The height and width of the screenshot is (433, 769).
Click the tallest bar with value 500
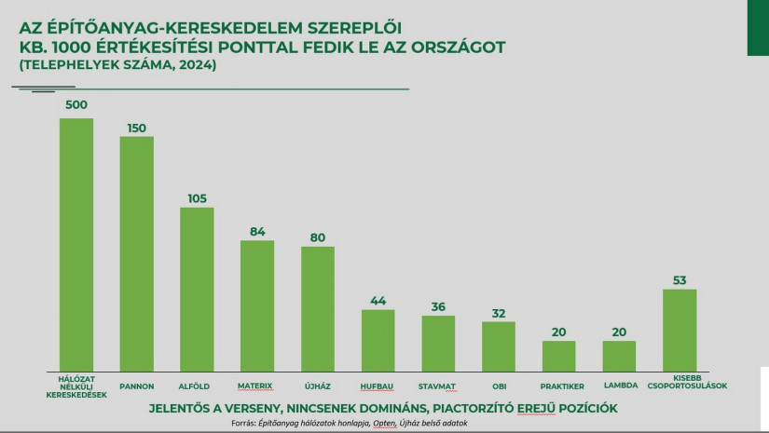click(76, 245)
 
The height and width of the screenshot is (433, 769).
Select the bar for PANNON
click(137, 254)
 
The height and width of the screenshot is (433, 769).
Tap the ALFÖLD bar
click(197, 290)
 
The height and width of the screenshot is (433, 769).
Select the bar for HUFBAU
click(378, 341)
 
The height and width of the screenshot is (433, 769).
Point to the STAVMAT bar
click(438, 344)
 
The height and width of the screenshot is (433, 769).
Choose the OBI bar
click(499, 346)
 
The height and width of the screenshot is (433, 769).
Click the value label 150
click(137, 126)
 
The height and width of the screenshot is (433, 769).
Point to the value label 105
click(197, 196)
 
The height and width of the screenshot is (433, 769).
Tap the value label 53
click(680, 278)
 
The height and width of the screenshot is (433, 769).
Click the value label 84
click(257, 230)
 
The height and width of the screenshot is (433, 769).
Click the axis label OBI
click(499, 384)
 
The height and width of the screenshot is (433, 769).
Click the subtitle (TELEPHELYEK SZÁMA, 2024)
click(117, 66)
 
